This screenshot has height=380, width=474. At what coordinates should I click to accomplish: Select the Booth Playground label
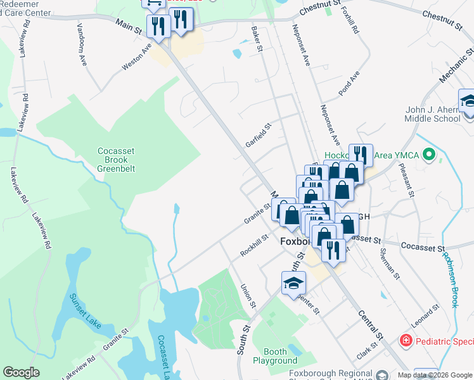275,356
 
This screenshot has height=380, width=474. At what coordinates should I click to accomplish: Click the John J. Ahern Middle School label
433,114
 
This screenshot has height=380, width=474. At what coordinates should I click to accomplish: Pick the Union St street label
247,296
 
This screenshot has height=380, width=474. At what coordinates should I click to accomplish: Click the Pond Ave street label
349,83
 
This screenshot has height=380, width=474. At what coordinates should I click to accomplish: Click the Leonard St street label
425,316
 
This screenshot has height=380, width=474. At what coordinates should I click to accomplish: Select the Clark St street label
367,349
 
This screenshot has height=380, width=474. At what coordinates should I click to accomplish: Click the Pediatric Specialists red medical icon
405,341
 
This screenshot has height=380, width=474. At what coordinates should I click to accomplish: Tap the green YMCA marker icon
429,154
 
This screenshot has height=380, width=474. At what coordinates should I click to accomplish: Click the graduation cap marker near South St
294,283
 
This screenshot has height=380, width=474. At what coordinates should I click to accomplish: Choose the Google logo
22,372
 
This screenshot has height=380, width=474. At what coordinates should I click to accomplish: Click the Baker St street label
257,39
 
